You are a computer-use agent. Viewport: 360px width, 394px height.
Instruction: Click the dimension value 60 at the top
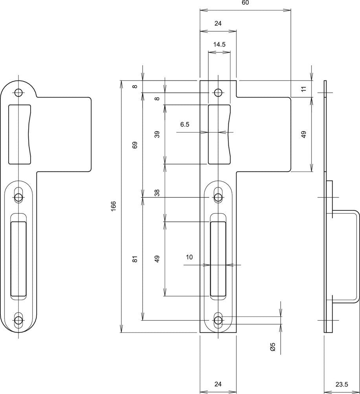(245, 2)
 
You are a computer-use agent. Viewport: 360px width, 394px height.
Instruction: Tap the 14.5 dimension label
(219, 45)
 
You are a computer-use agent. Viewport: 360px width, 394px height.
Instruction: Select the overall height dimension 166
(114, 206)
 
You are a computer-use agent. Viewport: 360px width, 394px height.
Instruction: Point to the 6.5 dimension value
(185, 124)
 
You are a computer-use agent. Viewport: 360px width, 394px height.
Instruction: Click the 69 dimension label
(135, 145)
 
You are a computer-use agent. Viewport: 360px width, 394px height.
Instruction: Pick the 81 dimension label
(135, 259)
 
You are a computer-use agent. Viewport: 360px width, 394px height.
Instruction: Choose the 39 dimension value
(157, 134)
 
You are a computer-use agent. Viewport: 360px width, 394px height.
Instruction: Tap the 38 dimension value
(157, 193)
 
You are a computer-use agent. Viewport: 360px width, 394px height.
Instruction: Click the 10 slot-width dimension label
(189, 257)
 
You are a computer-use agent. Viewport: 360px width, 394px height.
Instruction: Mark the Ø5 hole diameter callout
(273, 347)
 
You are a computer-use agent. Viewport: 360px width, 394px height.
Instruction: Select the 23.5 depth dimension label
(342, 384)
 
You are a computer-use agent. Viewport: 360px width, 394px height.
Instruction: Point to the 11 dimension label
(304, 89)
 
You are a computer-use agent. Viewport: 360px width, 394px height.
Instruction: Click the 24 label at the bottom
(218, 384)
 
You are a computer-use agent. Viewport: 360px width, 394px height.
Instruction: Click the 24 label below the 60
(218, 23)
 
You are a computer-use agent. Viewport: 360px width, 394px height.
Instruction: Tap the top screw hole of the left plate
(18, 93)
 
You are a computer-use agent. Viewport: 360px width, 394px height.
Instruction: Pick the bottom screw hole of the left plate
(18, 320)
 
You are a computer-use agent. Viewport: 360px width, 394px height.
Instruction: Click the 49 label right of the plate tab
(304, 134)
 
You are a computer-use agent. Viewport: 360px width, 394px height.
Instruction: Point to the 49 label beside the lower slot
(157, 259)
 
